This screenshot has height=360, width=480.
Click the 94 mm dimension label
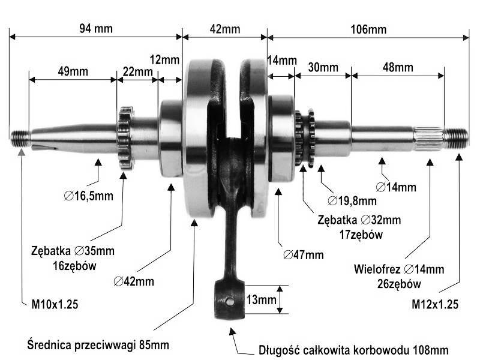96,28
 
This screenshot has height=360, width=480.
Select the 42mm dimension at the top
225,29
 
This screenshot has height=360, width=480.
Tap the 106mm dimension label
368,29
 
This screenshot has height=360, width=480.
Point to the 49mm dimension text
73,71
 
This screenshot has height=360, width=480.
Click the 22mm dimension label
138,71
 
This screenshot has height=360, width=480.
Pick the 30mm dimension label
323,67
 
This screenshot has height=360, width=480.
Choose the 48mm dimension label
398,67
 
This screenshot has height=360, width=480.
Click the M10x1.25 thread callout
55,304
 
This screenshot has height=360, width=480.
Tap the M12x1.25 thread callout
435,304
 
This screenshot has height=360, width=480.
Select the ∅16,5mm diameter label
88,196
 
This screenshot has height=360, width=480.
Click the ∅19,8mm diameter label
352,201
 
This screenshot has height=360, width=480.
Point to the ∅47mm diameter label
304,254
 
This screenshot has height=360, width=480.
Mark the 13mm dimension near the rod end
262,299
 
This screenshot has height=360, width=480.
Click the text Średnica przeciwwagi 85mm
98,344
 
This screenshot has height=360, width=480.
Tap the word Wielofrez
377,269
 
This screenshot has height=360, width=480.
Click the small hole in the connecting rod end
230,302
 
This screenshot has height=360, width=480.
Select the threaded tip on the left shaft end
20,139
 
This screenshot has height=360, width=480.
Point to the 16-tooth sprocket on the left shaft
125,138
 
